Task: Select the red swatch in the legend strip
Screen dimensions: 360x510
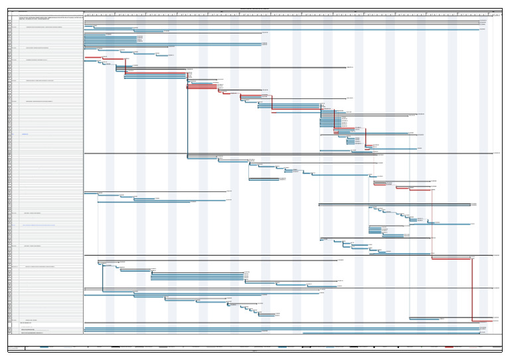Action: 450,347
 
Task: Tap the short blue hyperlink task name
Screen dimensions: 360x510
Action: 25,134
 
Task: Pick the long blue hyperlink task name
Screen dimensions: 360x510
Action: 39,225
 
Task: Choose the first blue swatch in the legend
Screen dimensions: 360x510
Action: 44,347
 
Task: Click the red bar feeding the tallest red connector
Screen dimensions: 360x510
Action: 452,258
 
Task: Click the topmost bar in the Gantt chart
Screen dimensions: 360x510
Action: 282,21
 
